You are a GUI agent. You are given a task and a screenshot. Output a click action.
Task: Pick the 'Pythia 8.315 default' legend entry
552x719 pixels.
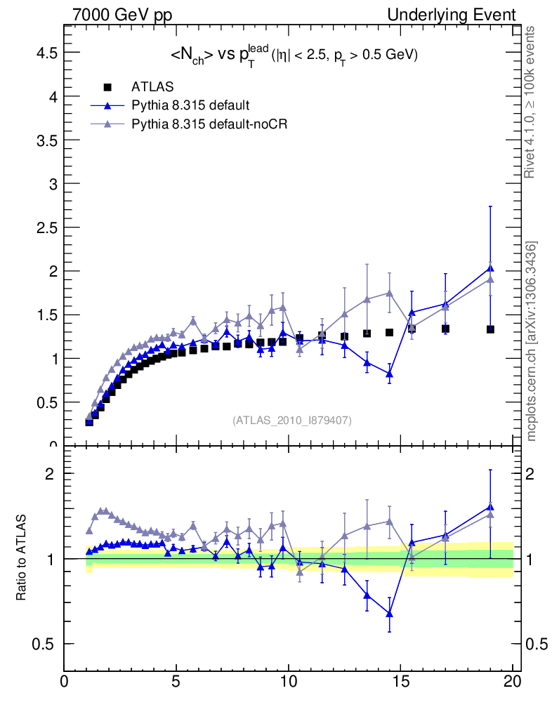(x=190, y=105)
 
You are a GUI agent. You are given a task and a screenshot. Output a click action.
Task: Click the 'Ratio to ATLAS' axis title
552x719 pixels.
(x=23, y=558)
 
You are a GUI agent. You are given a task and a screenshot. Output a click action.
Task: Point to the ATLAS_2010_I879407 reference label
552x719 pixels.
(x=292, y=420)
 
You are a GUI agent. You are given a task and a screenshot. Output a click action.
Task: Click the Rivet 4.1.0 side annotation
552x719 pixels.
(x=531, y=102)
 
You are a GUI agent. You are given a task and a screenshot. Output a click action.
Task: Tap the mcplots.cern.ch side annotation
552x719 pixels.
(x=531, y=341)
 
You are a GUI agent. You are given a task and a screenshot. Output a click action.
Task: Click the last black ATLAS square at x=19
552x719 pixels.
(x=489, y=329)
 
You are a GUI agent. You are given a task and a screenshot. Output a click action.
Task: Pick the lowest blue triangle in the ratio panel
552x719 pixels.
(x=389, y=614)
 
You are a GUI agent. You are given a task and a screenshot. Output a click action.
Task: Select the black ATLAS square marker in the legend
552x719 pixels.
(x=107, y=87)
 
